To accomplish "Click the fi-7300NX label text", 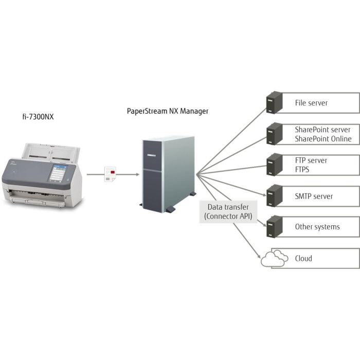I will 35,117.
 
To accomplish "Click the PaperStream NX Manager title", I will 168,111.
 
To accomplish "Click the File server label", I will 311,103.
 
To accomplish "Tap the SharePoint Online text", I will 323,139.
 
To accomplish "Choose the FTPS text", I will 302,169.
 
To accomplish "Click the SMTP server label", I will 314,196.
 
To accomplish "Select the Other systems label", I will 317,227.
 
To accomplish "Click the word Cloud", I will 303,258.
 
